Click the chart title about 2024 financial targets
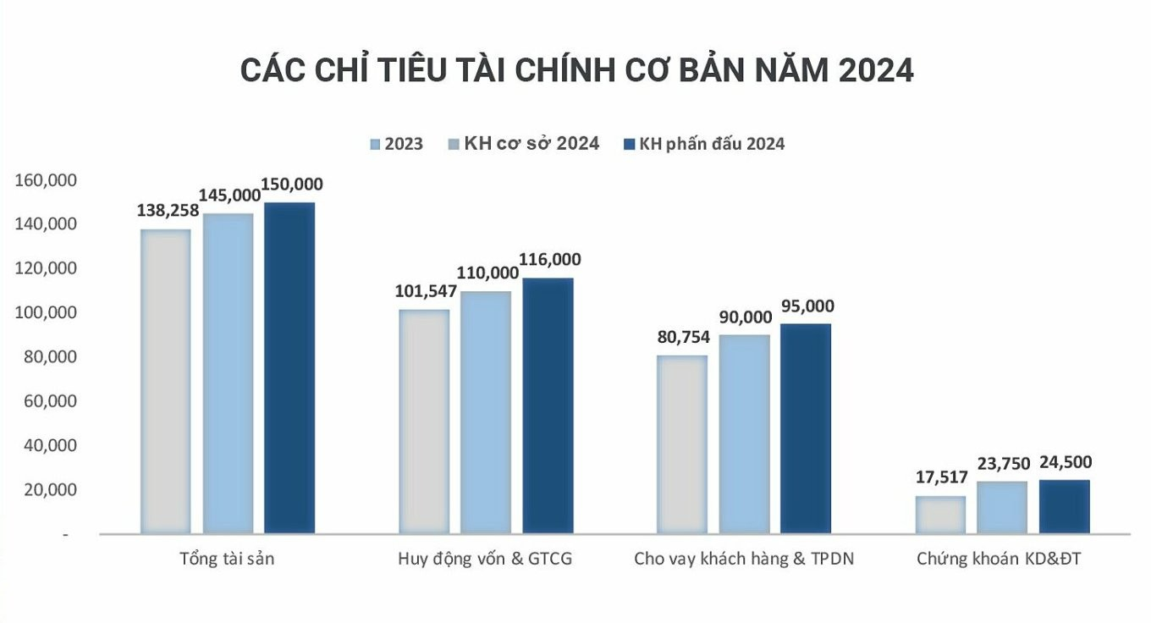(x=576, y=70)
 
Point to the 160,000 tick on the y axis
(x=47, y=180)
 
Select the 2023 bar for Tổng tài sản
(x=165, y=381)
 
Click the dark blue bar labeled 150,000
(x=289, y=368)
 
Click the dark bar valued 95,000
(x=806, y=428)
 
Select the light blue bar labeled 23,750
(x=1002, y=507)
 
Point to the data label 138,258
(x=168, y=211)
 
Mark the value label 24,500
(x=1064, y=462)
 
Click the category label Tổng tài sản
(x=227, y=560)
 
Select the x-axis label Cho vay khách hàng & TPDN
(x=744, y=560)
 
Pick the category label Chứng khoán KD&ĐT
(x=999, y=560)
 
